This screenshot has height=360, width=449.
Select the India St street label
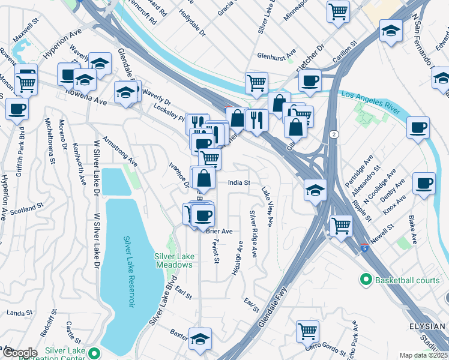(238, 183)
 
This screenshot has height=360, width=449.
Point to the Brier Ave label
(219, 231)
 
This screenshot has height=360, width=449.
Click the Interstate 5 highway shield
(365, 247)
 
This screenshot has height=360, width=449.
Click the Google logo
(19, 352)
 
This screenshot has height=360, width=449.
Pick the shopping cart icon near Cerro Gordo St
(307, 330)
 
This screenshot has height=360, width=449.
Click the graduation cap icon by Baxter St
(200, 337)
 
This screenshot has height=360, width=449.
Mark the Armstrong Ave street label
(120, 151)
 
